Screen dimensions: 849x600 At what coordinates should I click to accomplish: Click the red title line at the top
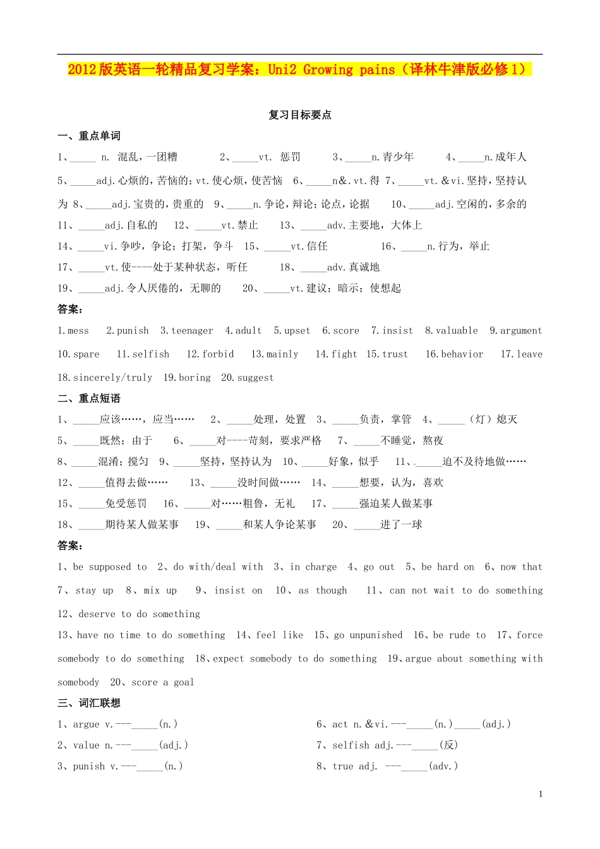tap(299, 69)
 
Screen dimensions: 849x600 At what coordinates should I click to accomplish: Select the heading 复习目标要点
tap(300, 115)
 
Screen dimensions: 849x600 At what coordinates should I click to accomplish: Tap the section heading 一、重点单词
tap(89, 136)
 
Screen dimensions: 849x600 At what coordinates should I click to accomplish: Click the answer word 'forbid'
tap(218, 354)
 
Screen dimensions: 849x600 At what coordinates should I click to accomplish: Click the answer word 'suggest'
tap(256, 377)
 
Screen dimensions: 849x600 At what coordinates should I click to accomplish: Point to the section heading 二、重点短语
tap(89, 398)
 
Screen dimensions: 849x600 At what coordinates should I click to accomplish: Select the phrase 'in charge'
tap(313, 567)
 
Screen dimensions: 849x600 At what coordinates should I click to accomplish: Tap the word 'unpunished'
tap(376, 635)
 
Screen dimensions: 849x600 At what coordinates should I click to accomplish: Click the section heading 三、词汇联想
tap(89, 703)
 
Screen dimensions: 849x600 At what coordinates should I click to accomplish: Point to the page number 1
tap(541, 794)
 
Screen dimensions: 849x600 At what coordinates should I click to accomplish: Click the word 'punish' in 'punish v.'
tap(89, 766)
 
